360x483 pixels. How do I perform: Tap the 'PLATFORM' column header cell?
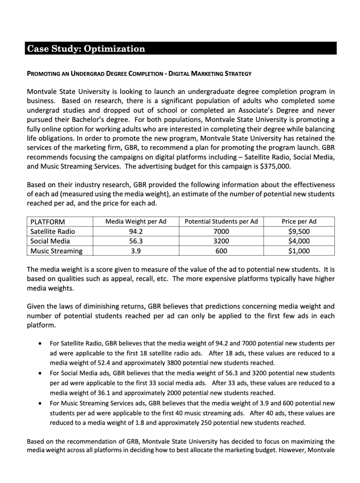[x=47, y=222]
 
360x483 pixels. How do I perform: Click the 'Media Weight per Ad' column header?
[x=136, y=222]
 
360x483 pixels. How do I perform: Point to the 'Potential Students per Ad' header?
[x=221, y=222]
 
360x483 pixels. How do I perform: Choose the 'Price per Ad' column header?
[x=299, y=222]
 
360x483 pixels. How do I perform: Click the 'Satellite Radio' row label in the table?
[x=52, y=232]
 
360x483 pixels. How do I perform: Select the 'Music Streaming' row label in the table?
[x=56, y=251]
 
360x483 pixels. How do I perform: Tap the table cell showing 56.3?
[x=136, y=241]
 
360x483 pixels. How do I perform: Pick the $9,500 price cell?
[x=299, y=232]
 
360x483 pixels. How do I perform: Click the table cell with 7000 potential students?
[x=221, y=232]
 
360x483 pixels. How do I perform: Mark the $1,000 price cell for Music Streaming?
[x=299, y=251]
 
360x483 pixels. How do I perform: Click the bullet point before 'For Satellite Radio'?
[x=42, y=343]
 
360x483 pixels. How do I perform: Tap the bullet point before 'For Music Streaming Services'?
[x=42, y=403]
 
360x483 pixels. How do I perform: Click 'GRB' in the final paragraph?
[x=133, y=442]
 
